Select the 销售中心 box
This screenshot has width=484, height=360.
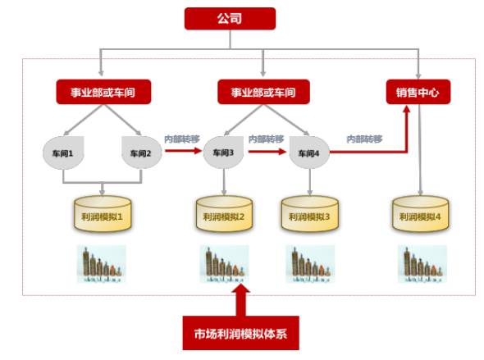tap(418, 92)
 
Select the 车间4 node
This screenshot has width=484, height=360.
tap(309, 153)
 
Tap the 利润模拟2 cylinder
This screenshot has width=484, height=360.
tap(223, 215)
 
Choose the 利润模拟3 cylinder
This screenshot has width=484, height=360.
tap(308, 215)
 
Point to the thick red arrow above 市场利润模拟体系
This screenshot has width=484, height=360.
tap(240, 299)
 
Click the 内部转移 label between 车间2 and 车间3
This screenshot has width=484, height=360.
tap(180, 139)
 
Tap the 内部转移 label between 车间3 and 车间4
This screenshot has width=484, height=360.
tap(265, 139)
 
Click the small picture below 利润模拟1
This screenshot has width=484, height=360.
tap(102, 264)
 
